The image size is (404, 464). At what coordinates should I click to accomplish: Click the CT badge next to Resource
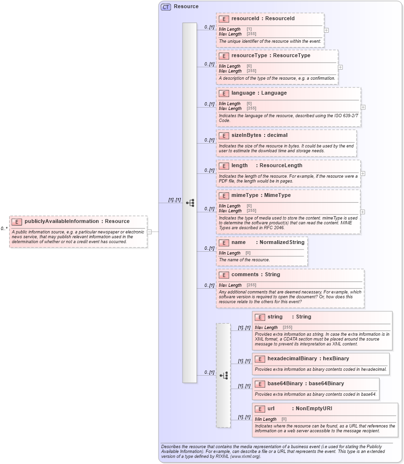click(x=166, y=7)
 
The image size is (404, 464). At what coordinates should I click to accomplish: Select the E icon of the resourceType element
click(x=223, y=56)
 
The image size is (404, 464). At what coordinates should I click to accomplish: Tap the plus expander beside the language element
click(x=363, y=107)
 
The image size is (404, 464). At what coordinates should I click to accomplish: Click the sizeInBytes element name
click(x=246, y=135)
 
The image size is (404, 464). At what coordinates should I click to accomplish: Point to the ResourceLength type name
click(x=281, y=166)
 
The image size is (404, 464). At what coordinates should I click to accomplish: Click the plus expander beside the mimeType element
click(x=362, y=212)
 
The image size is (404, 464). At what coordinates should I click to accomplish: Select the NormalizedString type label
click(x=282, y=243)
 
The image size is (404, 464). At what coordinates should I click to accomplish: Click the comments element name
click(x=245, y=275)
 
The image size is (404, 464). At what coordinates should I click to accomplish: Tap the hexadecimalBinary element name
click(x=292, y=359)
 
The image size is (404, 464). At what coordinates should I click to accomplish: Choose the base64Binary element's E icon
click(x=259, y=384)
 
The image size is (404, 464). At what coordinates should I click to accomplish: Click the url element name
click(x=271, y=409)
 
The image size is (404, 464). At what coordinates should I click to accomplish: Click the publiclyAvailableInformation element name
click(x=62, y=221)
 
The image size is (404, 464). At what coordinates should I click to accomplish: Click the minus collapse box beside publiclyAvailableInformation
click(x=149, y=232)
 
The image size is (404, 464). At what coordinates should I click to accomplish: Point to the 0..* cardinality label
click(x=4, y=229)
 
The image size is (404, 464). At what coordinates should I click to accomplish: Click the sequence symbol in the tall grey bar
click(x=190, y=203)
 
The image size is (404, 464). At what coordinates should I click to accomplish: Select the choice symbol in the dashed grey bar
click(x=223, y=376)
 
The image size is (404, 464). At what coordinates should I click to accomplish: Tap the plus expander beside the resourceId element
click(x=327, y=30)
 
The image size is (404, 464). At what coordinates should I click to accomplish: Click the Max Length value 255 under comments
click(x=251, y=285)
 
